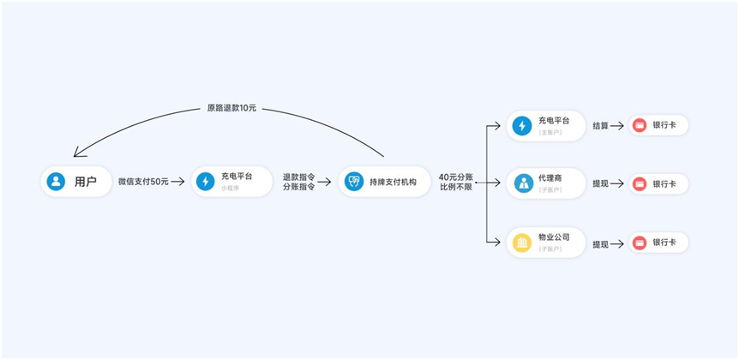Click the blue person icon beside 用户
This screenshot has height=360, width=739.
56,182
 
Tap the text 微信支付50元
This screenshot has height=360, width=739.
143,182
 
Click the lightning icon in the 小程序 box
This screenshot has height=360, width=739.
205,182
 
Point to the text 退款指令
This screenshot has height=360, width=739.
298,177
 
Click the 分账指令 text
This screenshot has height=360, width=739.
298,187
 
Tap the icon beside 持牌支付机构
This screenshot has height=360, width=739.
353,182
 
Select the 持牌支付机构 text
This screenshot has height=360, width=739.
393,182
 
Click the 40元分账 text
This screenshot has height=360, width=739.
456,177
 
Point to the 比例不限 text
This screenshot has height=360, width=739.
456,187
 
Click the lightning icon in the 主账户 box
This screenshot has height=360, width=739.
521,126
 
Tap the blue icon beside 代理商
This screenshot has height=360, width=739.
521,183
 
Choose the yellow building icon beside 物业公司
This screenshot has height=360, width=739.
521,243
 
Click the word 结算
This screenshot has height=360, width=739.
600,126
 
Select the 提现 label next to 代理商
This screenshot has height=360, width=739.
600,183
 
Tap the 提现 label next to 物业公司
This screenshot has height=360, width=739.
600,244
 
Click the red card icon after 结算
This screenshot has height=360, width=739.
640,126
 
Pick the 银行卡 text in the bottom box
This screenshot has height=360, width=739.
664,243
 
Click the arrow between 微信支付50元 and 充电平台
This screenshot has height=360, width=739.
177,182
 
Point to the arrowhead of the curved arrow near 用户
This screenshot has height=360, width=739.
77,153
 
